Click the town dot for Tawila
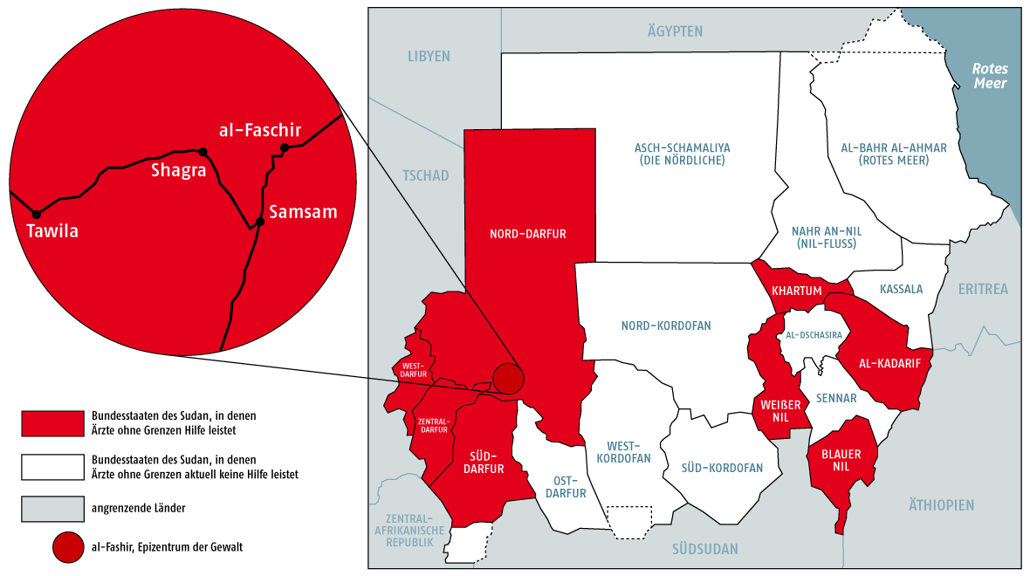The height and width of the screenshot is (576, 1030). click(x=37, y=214)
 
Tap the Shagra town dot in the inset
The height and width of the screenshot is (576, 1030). click(x=203, y=152)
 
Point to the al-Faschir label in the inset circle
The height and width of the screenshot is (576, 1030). click(x=259, y=130)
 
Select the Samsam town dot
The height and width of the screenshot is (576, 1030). click(x=259, y=223)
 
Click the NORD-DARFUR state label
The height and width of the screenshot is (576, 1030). click(x=528, y=234)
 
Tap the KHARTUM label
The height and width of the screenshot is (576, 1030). click(x=797, y=291)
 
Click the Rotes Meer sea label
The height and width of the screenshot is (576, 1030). click(x=991, y=76)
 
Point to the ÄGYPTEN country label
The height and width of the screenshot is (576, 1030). click(x=675, y=31)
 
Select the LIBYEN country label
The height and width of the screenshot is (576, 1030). click(x=429, y=57)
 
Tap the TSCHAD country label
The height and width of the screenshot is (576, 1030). click(x=425, y=175)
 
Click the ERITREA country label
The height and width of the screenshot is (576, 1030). click(x=982, y=289)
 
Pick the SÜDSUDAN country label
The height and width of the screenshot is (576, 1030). click(x=704, y=549)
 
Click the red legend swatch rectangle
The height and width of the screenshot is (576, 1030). click(x=51, y=422)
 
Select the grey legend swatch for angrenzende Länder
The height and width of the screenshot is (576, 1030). click(x=51, y=508)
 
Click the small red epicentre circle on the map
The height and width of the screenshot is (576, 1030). click(x=507, y=379)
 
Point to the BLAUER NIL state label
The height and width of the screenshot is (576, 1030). click(x=841, y=461)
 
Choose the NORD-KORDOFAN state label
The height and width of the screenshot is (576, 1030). click(x=666, y=326)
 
